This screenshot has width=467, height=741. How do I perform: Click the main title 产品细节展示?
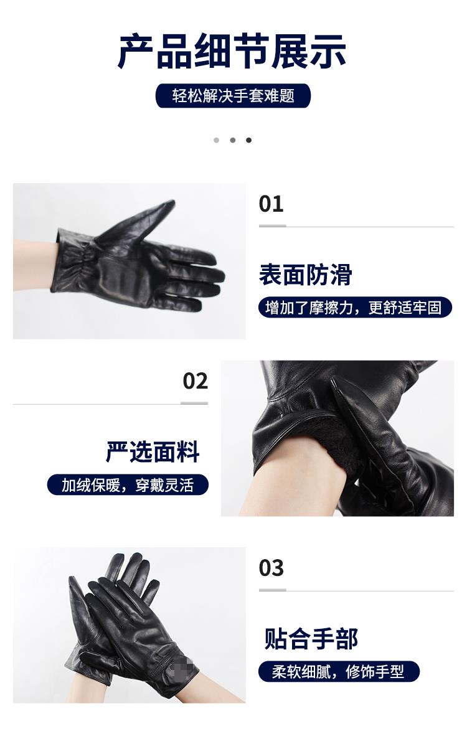click(232, 52)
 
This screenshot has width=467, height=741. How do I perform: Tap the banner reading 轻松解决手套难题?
click(233, 96)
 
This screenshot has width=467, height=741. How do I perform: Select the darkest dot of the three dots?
click(248, 140)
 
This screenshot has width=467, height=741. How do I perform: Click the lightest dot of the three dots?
click(217, 140)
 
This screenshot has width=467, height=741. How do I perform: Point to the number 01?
click(271, 204)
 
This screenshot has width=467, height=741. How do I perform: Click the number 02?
click(196, 381)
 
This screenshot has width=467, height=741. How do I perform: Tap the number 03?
click(271, 568)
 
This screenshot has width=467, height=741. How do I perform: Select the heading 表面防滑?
click(305, 275)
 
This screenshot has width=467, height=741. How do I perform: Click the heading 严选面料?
click(153, 452)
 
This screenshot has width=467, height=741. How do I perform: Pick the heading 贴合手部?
click(311, 639)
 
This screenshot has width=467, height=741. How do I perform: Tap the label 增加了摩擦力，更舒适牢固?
click(355, 308)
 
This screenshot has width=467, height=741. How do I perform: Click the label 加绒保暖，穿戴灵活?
click(128, 485)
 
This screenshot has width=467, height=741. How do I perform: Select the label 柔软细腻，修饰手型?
click(339, 671)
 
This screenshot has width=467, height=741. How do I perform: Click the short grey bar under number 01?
click(272, 226)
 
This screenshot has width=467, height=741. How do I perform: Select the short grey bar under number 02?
click(194, 403)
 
